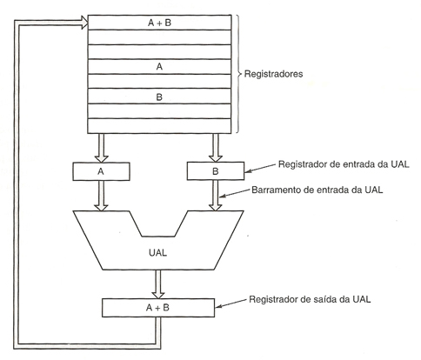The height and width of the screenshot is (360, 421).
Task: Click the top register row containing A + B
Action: (159, 23)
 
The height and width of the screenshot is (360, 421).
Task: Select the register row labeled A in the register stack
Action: (159, 67)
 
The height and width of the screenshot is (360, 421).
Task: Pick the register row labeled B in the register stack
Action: (159, 97)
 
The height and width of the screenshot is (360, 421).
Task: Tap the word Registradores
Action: (273, 74)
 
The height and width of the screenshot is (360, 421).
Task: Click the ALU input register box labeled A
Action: (101, 171)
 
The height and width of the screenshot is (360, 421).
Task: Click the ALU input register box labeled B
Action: (216, 171)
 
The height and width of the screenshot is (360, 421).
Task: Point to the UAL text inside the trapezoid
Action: (157, 253)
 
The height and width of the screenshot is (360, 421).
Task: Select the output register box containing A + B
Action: (158, 308)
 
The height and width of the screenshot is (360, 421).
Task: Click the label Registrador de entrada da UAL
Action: (344, 164)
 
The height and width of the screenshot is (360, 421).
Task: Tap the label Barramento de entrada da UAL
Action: (317, 190)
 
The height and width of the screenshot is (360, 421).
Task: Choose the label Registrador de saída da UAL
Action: (310, 299)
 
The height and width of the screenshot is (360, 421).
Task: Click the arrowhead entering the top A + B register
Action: (84, 23)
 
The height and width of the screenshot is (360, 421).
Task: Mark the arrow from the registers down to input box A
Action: (101, 148)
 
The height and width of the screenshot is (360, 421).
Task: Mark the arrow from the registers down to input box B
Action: (216, 148)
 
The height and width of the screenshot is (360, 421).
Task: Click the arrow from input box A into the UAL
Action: (101, 196)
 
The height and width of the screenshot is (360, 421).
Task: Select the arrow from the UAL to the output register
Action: (158, 284)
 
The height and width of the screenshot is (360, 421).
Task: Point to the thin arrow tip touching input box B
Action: (246, 172)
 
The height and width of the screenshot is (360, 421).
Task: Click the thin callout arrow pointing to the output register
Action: (231, 303)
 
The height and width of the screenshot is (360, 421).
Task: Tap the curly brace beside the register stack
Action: (238, 74)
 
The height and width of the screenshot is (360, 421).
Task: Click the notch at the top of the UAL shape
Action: (158, 237)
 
